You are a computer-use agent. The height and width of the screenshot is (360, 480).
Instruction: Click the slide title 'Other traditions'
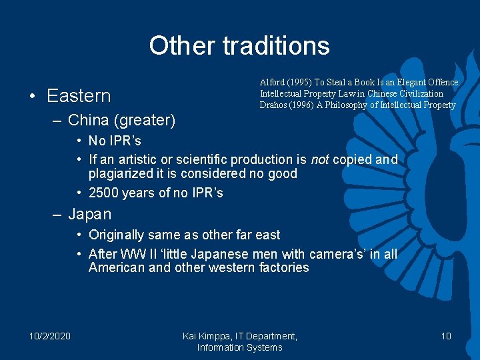(239, 45)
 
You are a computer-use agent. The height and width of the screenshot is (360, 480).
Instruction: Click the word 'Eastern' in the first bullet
(79, 96)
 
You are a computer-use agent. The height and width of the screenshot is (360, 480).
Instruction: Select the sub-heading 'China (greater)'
(122, 120)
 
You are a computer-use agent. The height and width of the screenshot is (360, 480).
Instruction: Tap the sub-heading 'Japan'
(89, 215)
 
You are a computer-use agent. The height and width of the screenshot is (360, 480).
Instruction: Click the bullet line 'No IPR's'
(115, 141)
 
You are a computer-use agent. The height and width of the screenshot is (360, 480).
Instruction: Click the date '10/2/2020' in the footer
(50, 336)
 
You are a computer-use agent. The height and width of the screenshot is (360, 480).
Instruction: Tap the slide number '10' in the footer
(446, 336)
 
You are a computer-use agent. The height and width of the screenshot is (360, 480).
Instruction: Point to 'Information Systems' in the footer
(239, 347)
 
